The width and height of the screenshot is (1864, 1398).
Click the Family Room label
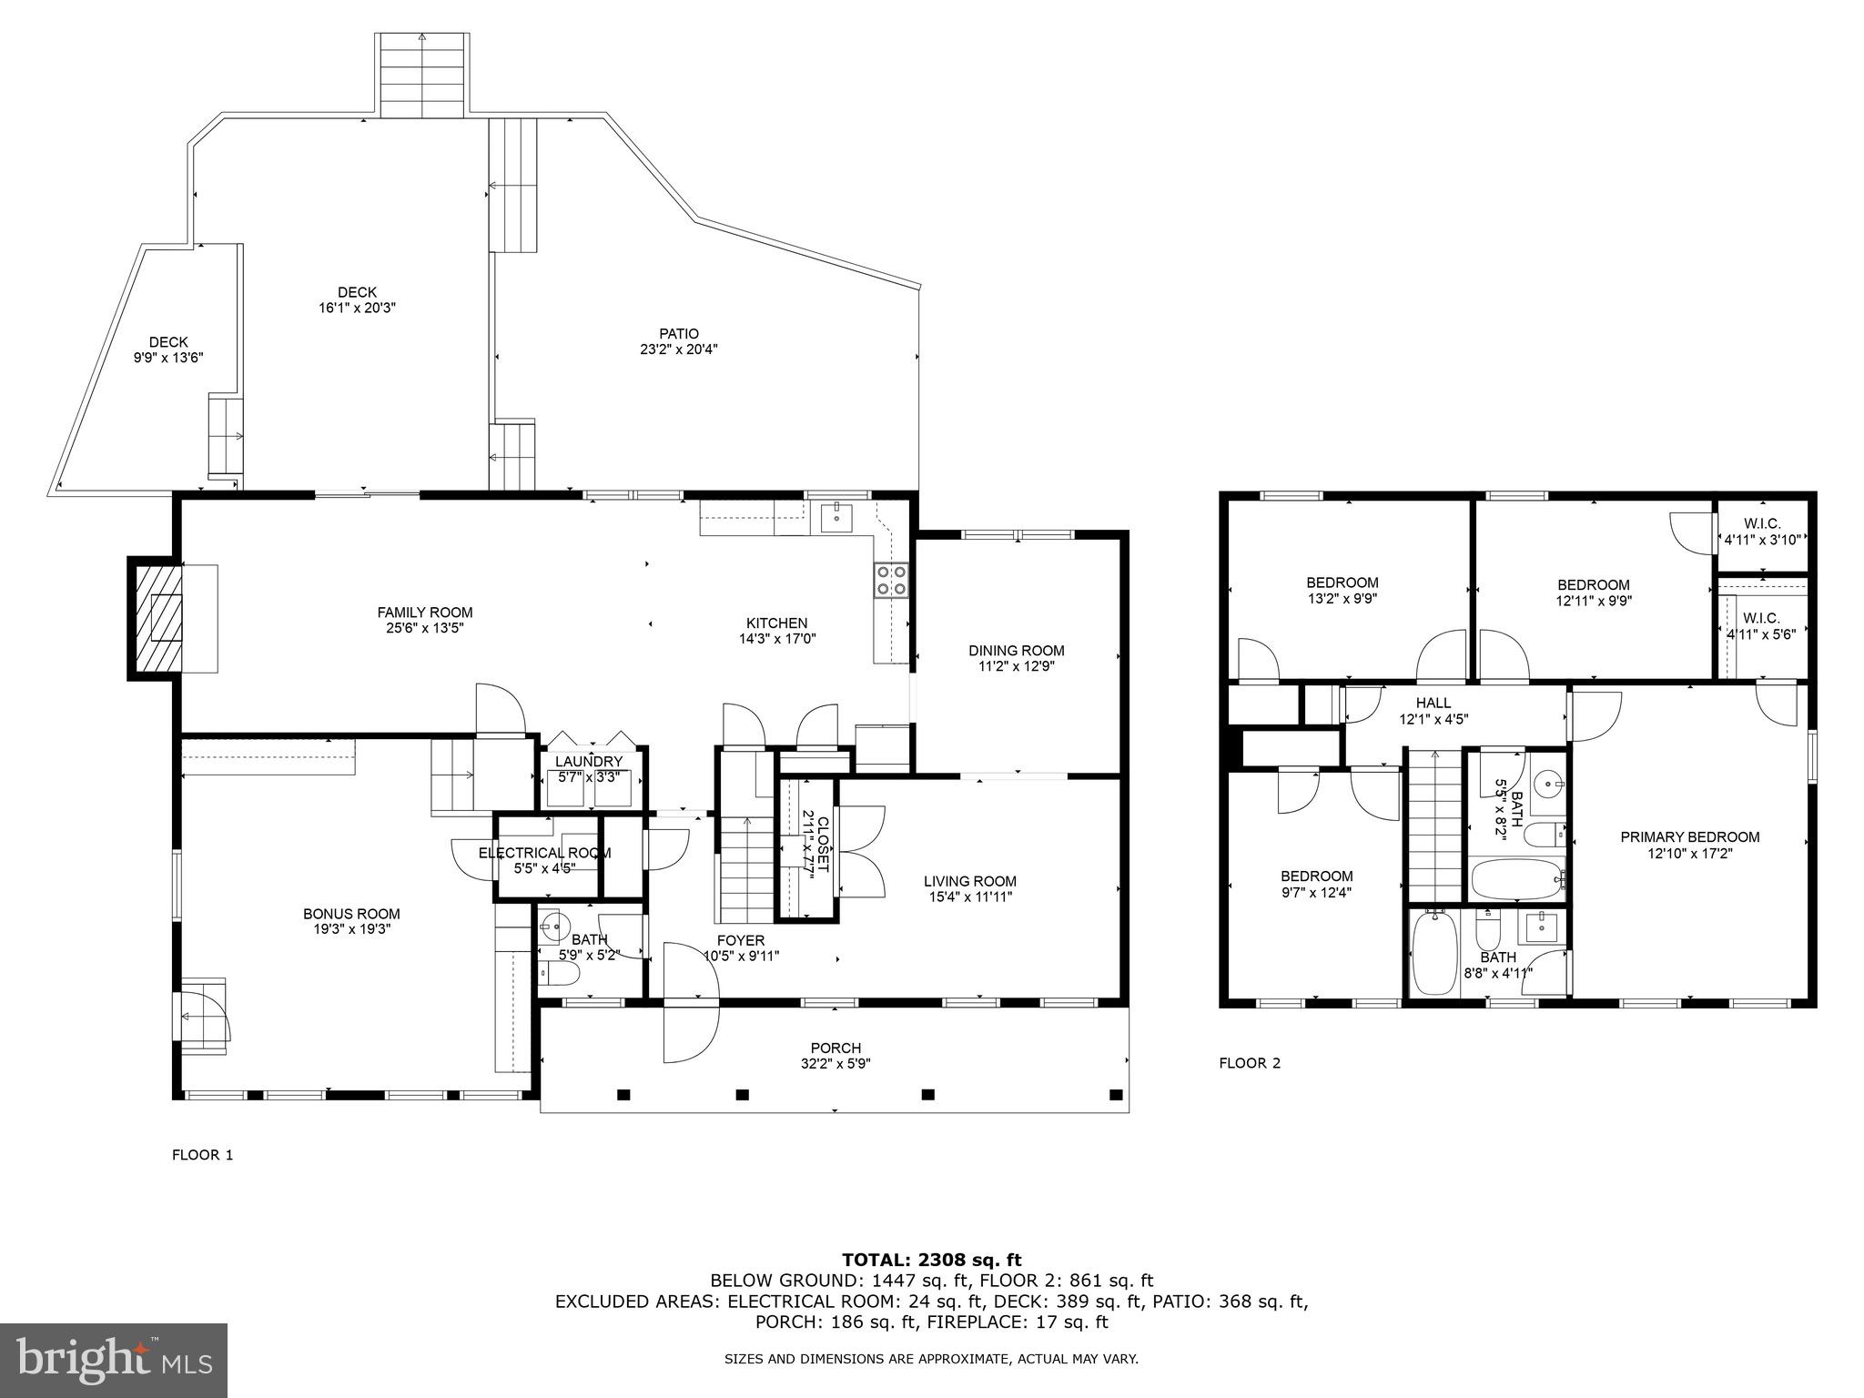tap(425, 613)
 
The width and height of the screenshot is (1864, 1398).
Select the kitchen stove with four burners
tap(891, 580)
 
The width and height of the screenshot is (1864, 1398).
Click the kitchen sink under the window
tap(836, 517)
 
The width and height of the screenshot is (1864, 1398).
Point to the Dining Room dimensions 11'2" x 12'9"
tap(1017, 666)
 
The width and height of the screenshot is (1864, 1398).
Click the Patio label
tap(679, 334)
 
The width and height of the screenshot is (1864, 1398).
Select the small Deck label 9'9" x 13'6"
tap(168, 358)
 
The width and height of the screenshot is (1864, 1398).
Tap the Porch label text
tap(836, 1048)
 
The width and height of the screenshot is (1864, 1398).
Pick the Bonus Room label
tap(351, 914)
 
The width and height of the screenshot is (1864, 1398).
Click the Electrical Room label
tap(544, 853)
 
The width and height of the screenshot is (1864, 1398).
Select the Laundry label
tap(589, 762)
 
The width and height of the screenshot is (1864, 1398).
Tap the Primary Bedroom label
tap(1689, 837)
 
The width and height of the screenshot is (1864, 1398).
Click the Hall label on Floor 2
tap(1433, 703)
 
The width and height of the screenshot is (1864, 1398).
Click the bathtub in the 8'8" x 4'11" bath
tap(1433, 952)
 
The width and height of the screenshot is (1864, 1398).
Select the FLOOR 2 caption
tap(1250, 1063)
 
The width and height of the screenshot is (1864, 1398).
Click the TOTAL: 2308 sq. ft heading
tap(931, 1261)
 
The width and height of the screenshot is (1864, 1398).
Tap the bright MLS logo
tap(114, 1360)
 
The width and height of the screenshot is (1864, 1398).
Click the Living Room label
tap(969, 881)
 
